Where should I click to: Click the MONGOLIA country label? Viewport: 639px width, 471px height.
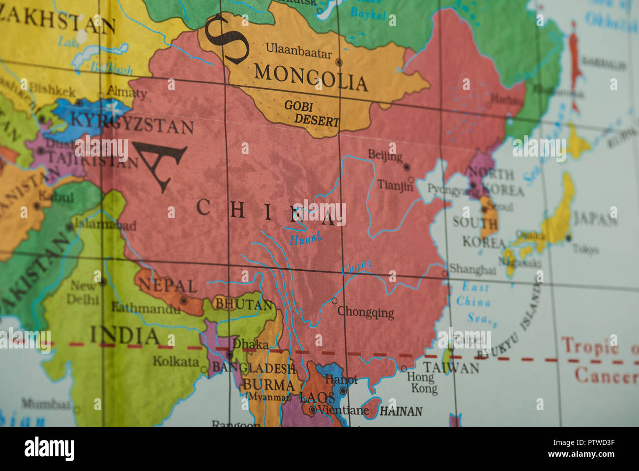(311, 78)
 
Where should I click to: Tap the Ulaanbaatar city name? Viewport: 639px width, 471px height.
(298, 51)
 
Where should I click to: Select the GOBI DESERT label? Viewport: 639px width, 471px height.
(311, 113)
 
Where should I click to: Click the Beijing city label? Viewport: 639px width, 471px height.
(385, 156)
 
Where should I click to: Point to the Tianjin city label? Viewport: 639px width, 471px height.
(395, 185)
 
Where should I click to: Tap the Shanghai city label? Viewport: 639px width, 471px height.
(472, 270)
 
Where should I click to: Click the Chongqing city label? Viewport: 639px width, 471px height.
(366, 312)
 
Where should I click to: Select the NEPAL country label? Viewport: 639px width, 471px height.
(168, 285)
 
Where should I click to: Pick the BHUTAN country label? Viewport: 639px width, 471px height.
(244, 305)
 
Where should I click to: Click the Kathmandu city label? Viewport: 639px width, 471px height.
(145, 309)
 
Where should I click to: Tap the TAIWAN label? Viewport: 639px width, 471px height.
(451, 367)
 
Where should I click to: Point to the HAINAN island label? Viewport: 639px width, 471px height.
(401, 411)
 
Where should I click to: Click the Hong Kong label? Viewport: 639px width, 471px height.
(422, 383)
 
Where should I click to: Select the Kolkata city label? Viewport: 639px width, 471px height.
(175, 361)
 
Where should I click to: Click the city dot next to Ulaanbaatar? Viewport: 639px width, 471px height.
(339, 63)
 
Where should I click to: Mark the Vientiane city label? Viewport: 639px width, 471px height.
(343, 410)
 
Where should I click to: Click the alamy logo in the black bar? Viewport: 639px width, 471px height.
(49, 449)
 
